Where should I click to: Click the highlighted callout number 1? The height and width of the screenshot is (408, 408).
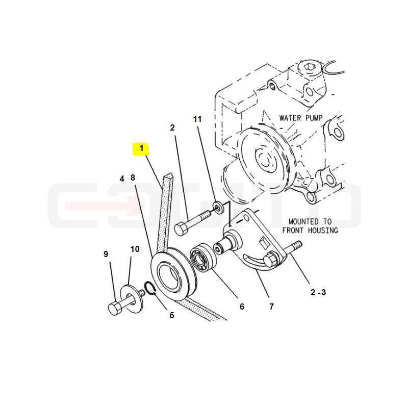point(142,148)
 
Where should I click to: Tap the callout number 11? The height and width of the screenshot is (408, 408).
point(197,119)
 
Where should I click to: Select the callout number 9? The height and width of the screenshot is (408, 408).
point(106,254)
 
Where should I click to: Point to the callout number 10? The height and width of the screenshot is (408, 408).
point(135,249)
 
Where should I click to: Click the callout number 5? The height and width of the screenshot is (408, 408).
point(172,315)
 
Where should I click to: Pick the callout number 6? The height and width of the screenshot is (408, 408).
point(242,307)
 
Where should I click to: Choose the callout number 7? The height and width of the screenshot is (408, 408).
point(272,307)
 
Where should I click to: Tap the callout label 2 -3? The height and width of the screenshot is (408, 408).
point(318,292)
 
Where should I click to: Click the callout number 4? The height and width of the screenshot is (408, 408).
point(122,179)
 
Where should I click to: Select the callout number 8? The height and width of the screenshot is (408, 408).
point(133,177)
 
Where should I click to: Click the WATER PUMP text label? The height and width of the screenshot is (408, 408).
point(301,118)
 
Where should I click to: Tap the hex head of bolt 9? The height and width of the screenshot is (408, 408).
point(114,309)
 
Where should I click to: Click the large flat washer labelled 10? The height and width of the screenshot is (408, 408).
point(132,299)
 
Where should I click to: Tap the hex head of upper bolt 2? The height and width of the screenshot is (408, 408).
point(181,229)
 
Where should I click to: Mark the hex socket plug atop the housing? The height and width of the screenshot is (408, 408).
point(309,67)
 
